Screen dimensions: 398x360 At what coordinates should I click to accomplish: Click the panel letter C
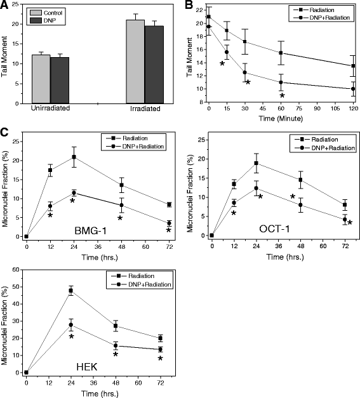coord(6,133)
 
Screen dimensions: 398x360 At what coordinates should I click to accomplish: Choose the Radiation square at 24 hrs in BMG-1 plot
coord(74,157)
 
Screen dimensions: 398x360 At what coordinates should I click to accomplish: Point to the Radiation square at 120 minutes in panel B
coord(353,65)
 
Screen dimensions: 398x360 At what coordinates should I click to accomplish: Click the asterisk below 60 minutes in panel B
coord(282,96)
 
